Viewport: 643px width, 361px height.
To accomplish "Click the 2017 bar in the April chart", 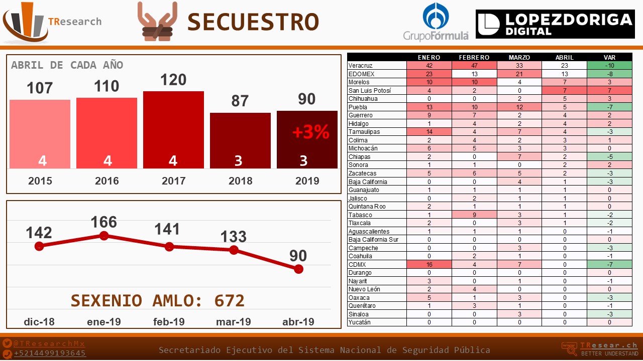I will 173,130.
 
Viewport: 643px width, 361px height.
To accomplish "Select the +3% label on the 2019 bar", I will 310,132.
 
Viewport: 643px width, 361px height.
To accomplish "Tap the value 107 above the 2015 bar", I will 40,88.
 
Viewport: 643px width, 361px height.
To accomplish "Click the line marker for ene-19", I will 104,236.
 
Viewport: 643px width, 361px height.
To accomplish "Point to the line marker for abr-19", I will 299,269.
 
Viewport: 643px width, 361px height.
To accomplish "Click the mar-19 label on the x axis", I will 234,321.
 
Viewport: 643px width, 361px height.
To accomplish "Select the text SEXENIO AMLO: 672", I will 158,300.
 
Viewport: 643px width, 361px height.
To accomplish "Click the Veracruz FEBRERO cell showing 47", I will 474,66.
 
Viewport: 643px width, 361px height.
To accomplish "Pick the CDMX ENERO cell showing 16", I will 429,264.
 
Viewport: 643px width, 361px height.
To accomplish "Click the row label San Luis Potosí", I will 369,91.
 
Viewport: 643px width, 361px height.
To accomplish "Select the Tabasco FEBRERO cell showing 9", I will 474,215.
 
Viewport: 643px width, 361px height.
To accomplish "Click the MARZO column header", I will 519,57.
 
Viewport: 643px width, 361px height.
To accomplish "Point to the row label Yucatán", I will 359,322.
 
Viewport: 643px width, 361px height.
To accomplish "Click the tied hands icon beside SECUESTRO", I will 157,21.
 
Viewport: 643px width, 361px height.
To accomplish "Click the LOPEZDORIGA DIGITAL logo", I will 555,24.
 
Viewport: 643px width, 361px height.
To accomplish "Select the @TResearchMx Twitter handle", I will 49,343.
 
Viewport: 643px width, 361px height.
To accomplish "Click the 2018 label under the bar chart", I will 240,181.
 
